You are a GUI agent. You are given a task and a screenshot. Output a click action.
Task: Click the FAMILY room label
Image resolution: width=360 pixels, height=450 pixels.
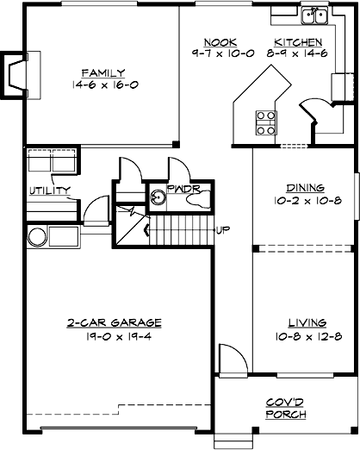click(x=104, y=72)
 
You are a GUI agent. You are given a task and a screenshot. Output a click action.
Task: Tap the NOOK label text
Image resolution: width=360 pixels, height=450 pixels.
click(x=214, y=42)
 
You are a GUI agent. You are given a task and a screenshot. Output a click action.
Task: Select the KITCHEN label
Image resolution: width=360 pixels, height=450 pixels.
click(x=298, y=42)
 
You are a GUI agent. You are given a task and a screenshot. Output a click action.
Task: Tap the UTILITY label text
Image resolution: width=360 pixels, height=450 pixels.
click(x=49, y=191)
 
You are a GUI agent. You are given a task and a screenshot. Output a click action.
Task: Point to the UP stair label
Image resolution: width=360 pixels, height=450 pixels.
click(x=223, y=229)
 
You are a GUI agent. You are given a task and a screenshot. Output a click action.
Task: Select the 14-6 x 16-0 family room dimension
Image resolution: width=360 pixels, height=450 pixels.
click(x=104, y=85)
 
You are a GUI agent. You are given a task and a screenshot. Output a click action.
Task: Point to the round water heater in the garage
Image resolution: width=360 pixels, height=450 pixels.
click(x=37, y=237)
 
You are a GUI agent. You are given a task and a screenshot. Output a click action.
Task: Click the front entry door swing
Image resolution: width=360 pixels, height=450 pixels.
click(x=230, y=359)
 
